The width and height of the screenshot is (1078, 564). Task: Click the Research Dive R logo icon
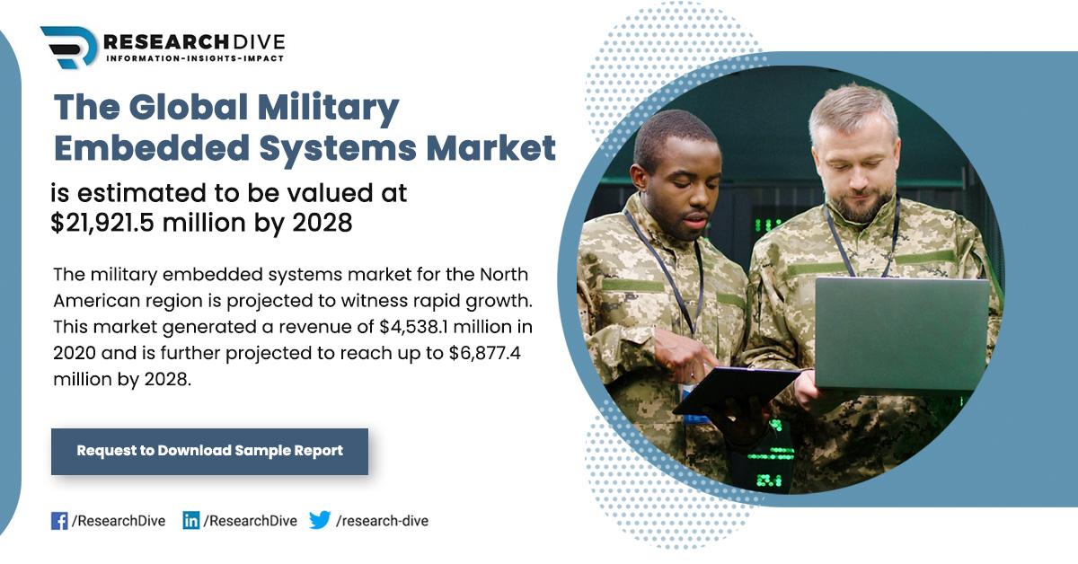point(69,47)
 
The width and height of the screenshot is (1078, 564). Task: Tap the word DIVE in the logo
point(259,42)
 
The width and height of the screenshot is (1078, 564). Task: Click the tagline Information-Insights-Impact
point(195,58)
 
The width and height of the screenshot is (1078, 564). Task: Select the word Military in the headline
point(329,108)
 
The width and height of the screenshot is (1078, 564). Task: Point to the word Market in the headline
point(490,147)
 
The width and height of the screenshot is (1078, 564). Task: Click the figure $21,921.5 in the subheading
point(102,223)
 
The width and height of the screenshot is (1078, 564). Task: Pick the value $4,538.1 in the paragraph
point(414,327)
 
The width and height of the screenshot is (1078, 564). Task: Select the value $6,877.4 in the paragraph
point(484,353)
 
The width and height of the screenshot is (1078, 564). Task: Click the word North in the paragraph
point(504,274)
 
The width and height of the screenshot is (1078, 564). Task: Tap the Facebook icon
point(59,521)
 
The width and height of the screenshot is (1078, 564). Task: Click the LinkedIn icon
point(191,521)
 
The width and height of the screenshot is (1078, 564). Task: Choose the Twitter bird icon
point(320,520)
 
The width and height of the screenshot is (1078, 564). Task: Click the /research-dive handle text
point(382,521)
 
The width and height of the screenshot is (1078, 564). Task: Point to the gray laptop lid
point(901,333)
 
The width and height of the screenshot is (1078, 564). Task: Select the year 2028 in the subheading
point(323,223)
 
